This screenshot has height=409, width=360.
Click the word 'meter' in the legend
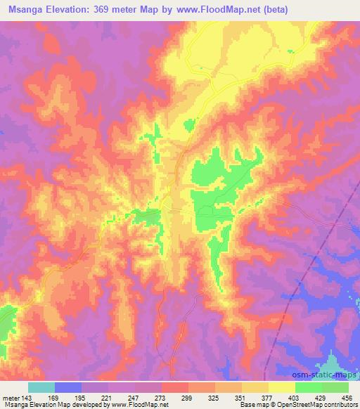11,397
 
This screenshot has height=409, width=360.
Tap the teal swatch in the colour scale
41,387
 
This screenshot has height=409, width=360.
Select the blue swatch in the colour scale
68,387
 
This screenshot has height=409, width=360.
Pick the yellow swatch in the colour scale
281,387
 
